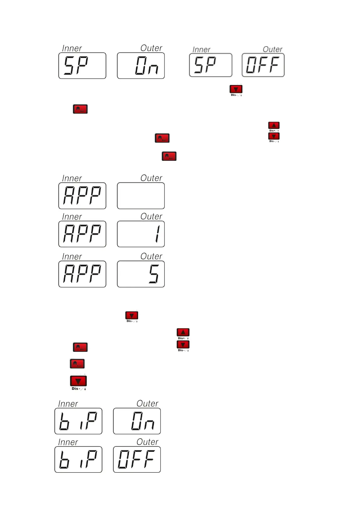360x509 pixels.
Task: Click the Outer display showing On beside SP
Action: tap(141, 66)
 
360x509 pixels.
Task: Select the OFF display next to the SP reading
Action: tap(263, 65)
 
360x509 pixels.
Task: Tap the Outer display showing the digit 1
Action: tap(141, 234)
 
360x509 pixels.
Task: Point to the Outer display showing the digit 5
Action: tap(141, 274)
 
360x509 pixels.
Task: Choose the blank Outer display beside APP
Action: tap(141, 196)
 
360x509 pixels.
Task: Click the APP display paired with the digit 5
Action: tap(82, 274)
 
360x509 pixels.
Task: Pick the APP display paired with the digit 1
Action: tap(82, 234)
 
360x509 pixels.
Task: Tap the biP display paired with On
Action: tap(78, 421)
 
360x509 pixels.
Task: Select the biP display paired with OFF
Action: tap(78, 459)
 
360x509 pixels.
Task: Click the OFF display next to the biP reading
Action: tap(137, 459)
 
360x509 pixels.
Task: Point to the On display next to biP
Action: tap(137, 421)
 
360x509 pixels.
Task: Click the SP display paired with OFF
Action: tap(211, 65)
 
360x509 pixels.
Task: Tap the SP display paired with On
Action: tap(82, 66)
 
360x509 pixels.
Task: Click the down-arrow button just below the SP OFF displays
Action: tap(236, 89)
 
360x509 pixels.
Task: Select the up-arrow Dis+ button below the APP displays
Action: tap(183, 332)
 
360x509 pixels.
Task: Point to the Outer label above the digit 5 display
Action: tap(151, 256)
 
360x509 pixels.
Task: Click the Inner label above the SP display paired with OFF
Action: tap(201, 49)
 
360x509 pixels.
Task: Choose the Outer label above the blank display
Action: tap(151, 178)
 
